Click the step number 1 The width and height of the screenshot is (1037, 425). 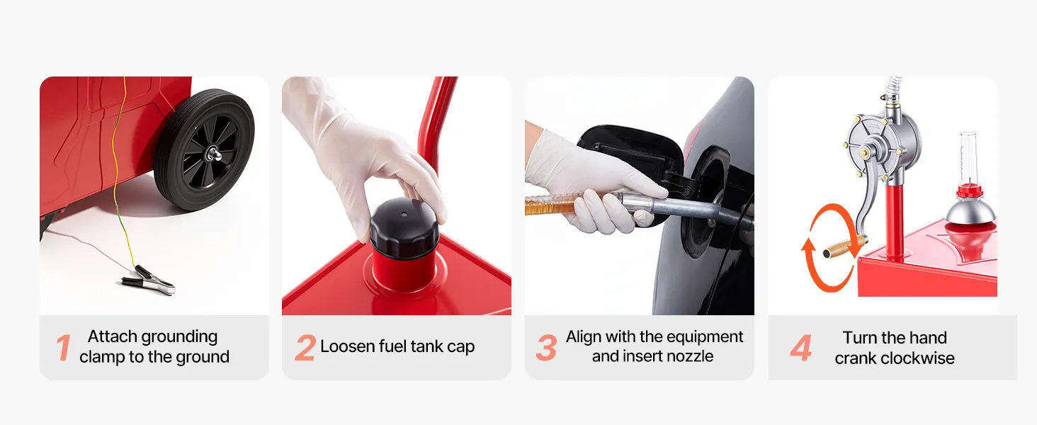coord(64,348)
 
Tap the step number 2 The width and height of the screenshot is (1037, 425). coord(305,348)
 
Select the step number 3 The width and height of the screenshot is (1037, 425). coord(546,348)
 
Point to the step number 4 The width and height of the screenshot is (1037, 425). coord(801,348)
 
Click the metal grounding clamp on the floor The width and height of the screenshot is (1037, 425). coord(148,280)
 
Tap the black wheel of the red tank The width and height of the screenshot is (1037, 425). coord(205,149)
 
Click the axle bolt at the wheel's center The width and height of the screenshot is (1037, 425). coord(214,153)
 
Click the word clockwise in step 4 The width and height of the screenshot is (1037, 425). coord(917,358)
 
